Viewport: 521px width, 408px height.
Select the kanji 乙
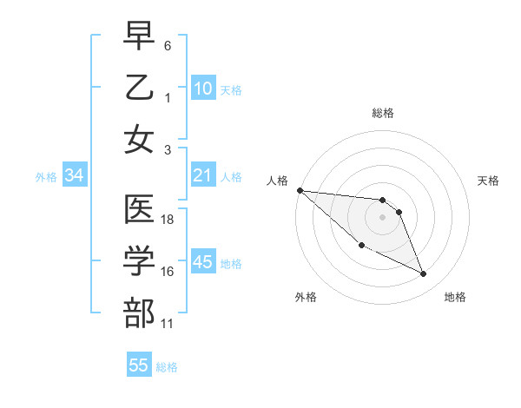(140, 87)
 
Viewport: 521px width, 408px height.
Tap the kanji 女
(140, 139)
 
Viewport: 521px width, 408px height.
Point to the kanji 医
(140, 209)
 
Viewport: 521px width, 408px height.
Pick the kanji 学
(140, 261)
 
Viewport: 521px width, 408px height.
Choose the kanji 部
(140, 313)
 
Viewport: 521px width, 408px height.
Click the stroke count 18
(168, 220)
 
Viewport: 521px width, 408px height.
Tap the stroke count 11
(168, 324)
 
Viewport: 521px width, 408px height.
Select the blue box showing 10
(203, 88)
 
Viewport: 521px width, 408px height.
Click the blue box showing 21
(203, 175)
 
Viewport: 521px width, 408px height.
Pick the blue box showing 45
(203, 262)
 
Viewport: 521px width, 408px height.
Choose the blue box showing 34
(74, 175)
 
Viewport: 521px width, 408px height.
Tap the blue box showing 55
(139, 365)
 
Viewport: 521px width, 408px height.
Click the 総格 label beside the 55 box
(167, 367)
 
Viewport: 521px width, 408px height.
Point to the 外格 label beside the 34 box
(46, 177)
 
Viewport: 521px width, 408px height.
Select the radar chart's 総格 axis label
(383, 113)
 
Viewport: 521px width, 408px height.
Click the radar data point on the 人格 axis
(300, 190)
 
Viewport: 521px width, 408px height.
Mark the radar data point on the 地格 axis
(424, 274)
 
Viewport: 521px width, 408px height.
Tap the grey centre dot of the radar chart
(383, 216)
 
